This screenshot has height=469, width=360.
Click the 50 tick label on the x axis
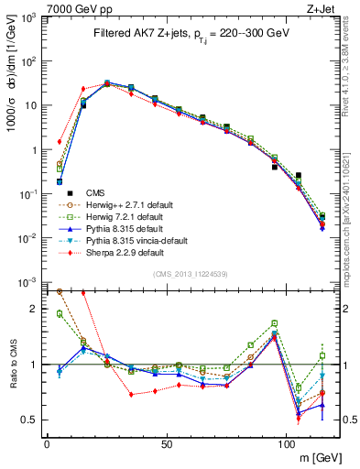(x=166, y=443)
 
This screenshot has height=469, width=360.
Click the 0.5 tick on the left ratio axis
(x=29, y=420)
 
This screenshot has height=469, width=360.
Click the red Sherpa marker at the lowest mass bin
(x=60, y=142)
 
